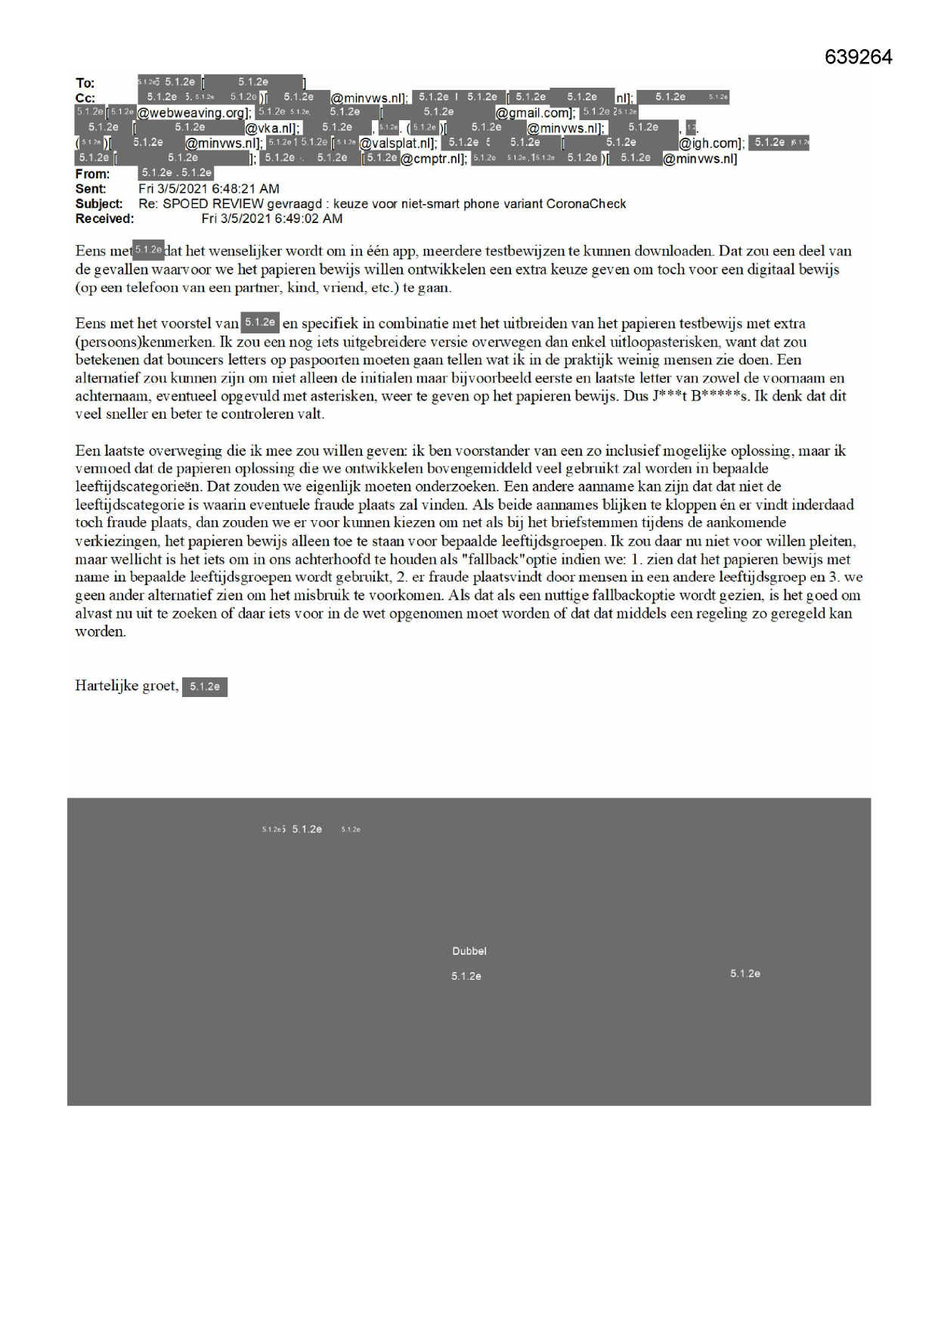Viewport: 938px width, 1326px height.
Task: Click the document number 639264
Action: [x=858, y=57]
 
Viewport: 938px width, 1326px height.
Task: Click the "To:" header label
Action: [x=85, y=83]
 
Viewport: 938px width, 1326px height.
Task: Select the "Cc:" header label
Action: [x=85, y=98]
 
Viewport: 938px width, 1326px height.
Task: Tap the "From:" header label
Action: [x=92, y=174]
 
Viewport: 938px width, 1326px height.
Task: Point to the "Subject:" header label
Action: [x=99, y=204]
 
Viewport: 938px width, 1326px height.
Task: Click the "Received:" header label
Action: [x=104, y=219]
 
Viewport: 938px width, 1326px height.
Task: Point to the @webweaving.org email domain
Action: [x=193, y=113]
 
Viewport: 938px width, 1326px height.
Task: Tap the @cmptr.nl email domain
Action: [x=435, y=159]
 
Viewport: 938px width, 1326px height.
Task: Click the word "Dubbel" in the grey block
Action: [x=469, y=951]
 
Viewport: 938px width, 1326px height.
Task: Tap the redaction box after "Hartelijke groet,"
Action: [x=205, y=686]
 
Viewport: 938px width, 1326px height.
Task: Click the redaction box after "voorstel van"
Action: [x=260, y=323]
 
